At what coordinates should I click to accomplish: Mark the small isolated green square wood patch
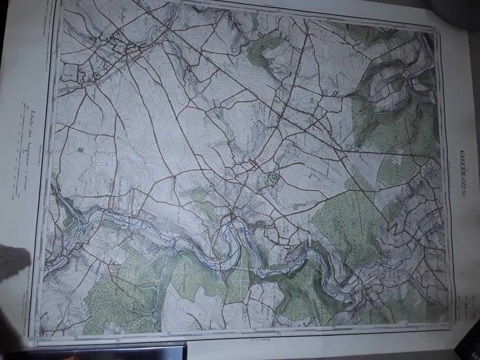80,150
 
